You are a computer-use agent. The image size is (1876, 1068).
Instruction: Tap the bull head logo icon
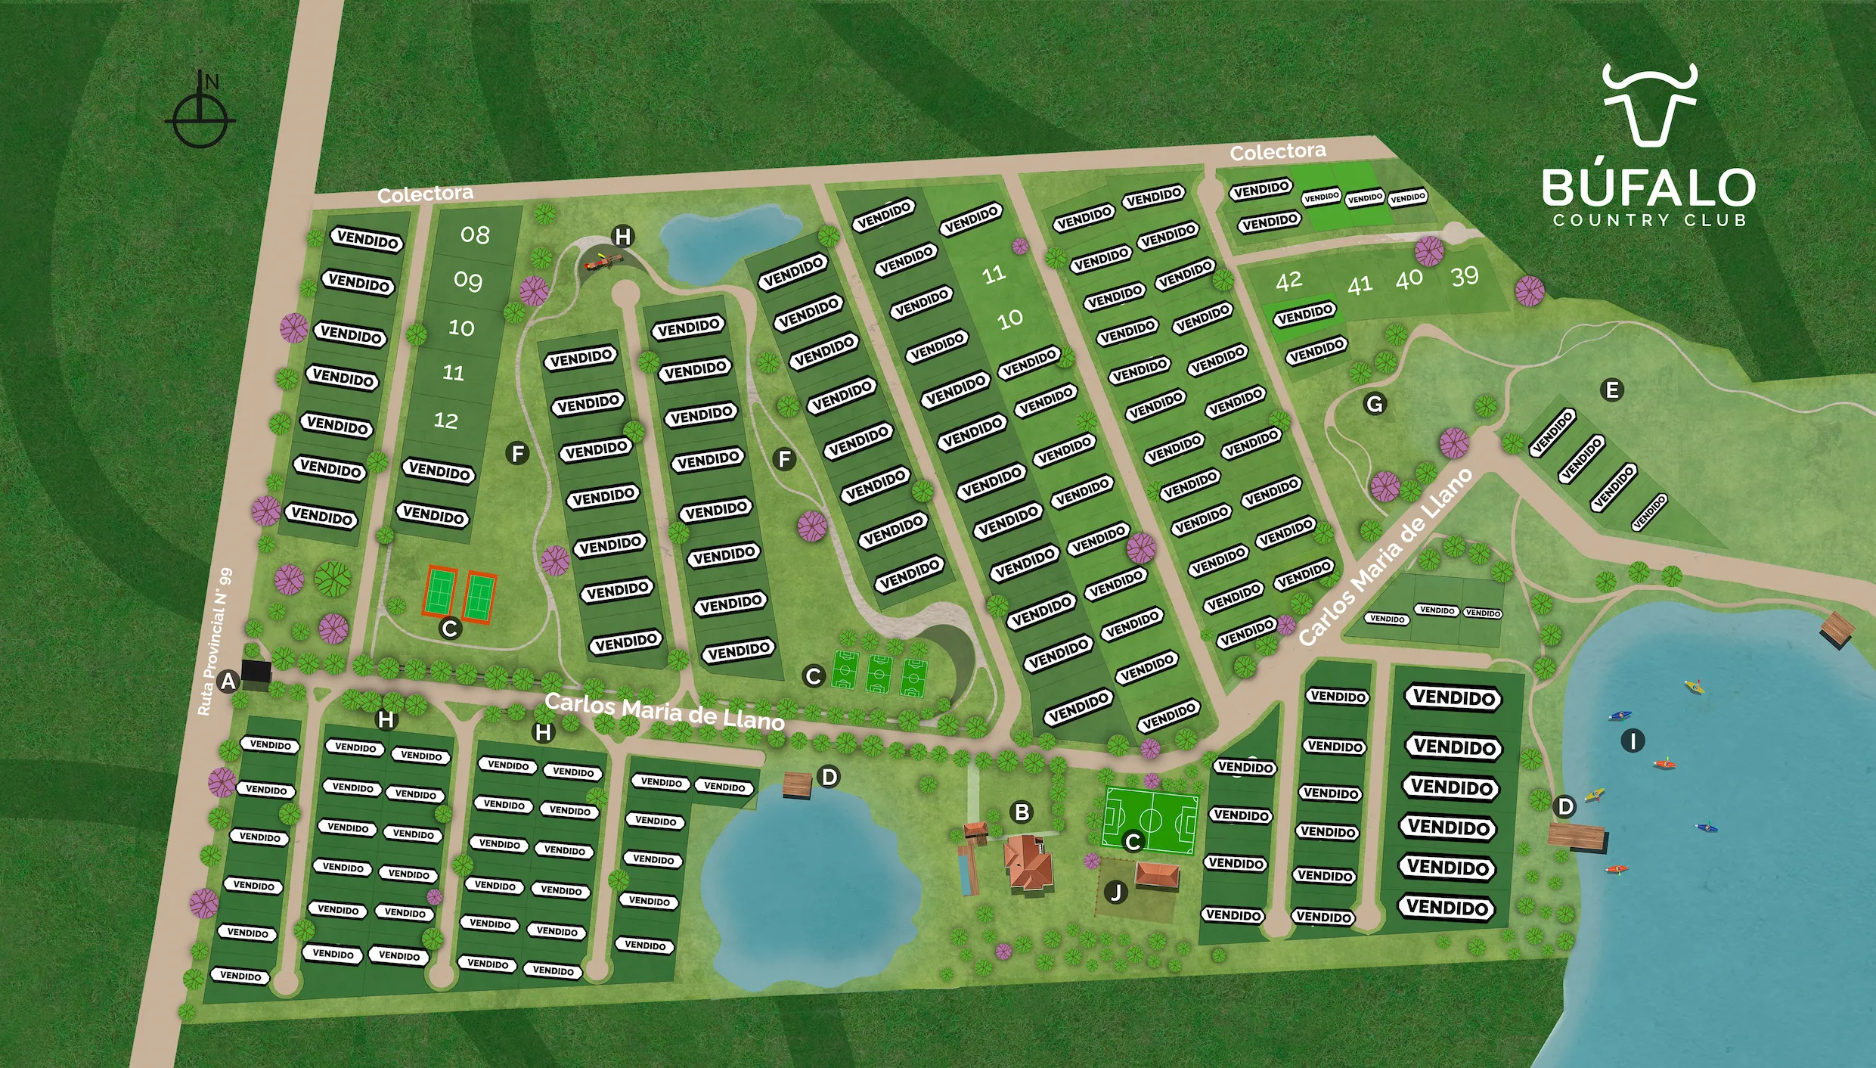point(1649,105)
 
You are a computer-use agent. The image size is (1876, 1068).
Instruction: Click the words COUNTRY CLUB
point(1649,220)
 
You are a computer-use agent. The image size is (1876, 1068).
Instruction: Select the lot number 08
point(475,235)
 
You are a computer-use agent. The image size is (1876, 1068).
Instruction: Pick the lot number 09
point(468,281)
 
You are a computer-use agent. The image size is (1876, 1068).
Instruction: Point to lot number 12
point(446,421)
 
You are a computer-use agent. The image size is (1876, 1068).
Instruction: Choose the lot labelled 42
point(1289,281)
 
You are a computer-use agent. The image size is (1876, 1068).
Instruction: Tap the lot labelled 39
point(1465,277)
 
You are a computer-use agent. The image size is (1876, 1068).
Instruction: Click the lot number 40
point(1409,280)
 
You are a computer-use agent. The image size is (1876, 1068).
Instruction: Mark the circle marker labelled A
point(228,681)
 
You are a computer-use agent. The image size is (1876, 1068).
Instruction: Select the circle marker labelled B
point(1022,812)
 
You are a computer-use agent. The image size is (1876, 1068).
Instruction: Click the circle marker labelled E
point(1612,390)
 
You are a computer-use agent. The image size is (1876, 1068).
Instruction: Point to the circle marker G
point(1375,404)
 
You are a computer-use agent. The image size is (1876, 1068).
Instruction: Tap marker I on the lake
point(1633,740)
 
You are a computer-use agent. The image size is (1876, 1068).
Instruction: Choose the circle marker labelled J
point(1116,893)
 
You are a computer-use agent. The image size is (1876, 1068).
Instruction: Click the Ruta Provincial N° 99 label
point(215,641)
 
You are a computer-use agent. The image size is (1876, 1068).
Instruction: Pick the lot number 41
point(1360,285)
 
